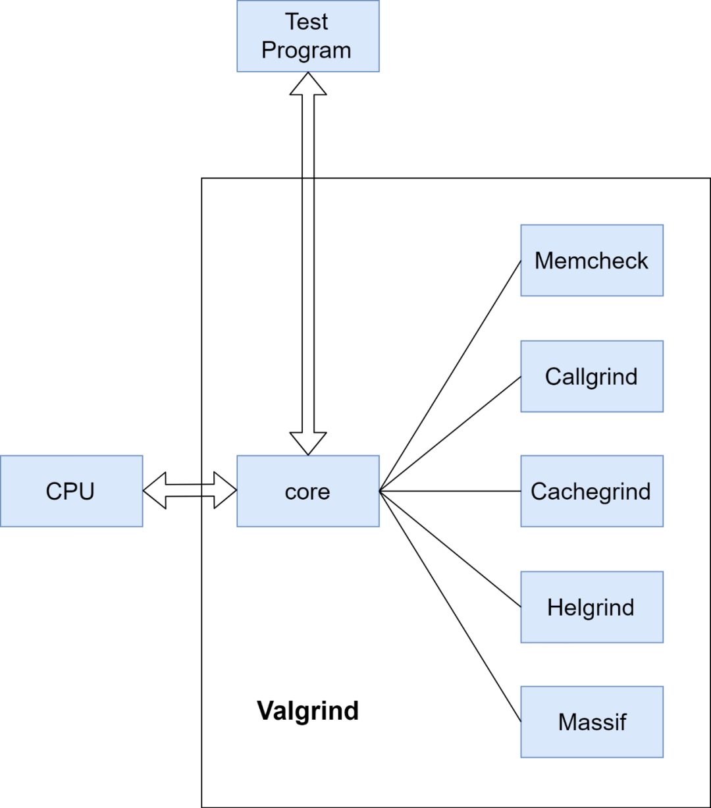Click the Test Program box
point(308,36)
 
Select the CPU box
point(71,491)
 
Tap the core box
point(307,491)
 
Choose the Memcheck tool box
point(591,260)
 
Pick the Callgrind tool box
point(591,377)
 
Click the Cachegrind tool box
point(591,491)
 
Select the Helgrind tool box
point(591,607)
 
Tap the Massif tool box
point(591,722)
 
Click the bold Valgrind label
point(307,711)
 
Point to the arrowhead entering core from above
point(307,443)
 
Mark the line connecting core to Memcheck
point(450,375)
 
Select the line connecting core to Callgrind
point(450,434)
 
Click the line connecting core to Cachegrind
point(450,491)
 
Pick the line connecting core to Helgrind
point(450,549)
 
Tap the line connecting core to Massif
point(450,606)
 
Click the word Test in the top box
point(307,22)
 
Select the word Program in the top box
point(306,51)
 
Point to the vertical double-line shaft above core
point(307,303)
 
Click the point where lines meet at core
point(380,491)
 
